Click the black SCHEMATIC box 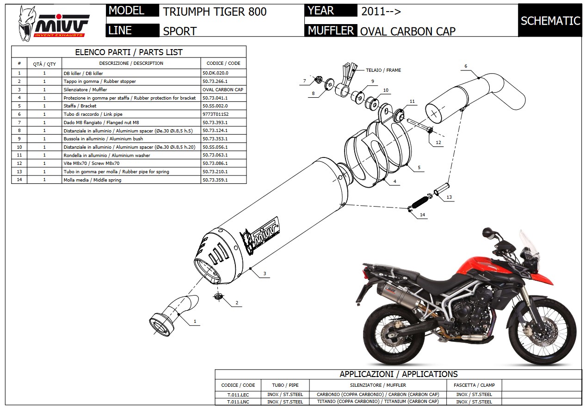[550, 21]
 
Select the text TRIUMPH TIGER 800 [215, 12]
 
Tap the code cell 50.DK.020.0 [216, 73]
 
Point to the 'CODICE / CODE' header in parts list [223, 63]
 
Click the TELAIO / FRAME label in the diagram [383, 70]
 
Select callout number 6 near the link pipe [466, 66]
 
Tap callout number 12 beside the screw [438, 142]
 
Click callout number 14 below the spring [422, 215]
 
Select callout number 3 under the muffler [265, 274]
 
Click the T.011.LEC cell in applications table [238, 395]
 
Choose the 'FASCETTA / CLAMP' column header [475, 385]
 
